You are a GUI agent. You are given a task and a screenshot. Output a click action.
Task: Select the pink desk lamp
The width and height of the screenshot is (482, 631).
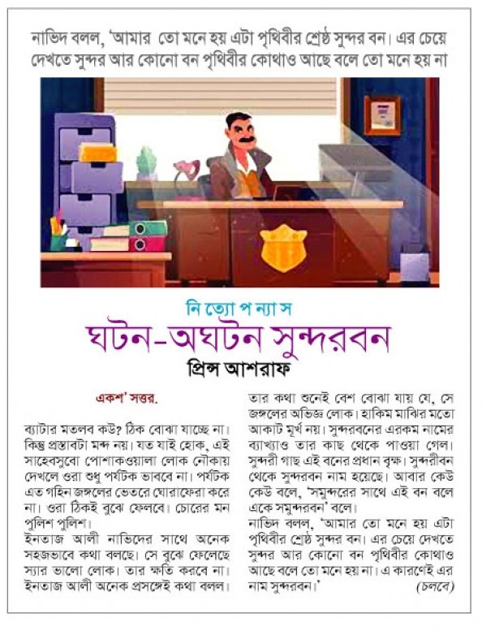pos(185,171)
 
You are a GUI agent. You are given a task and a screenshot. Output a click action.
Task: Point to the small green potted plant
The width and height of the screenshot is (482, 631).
pos(147,163)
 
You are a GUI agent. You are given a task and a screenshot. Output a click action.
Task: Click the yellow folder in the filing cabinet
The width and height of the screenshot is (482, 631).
pos(98,152)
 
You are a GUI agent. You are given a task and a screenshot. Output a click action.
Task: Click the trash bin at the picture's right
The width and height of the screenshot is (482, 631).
pos(415,262)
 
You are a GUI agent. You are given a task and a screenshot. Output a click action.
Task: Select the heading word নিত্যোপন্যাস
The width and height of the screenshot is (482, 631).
pos(241,310)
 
